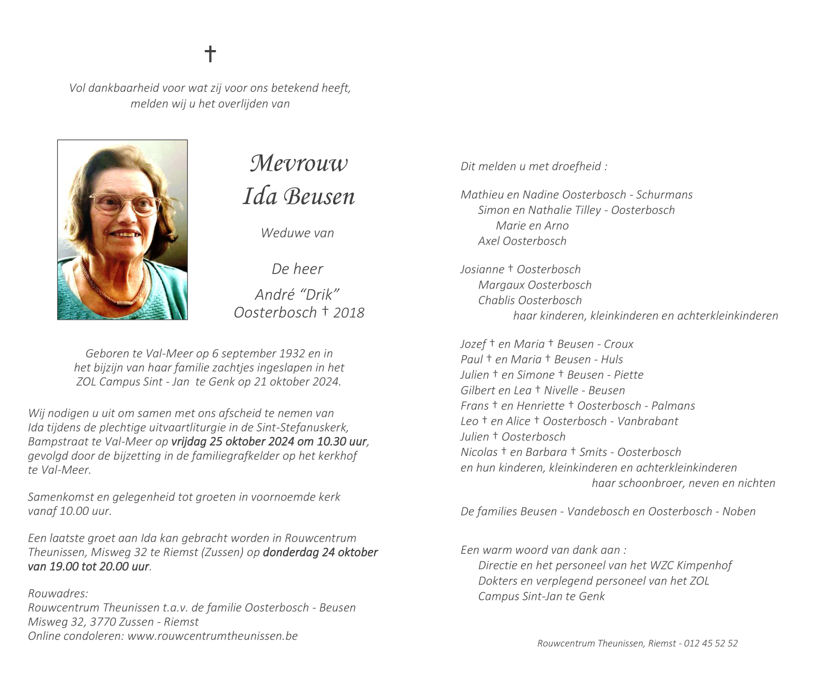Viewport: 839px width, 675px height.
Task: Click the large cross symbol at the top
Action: (210, 54)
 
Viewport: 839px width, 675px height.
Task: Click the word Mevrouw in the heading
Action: (299, 163)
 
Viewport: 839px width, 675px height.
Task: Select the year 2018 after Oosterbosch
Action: (349, 312)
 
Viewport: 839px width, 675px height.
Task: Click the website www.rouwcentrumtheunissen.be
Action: (212, 636)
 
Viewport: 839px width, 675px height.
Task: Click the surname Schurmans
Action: (664, 195)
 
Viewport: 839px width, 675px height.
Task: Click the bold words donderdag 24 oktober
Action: (320, 553)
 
